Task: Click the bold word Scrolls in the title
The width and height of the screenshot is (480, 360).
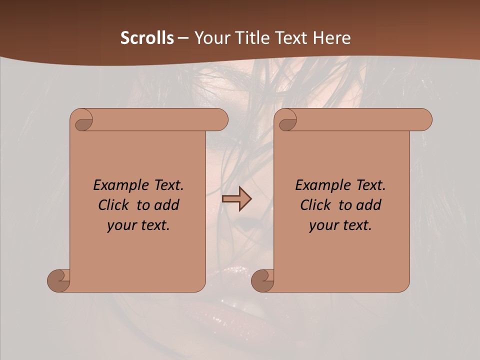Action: pyautogui.click(x=147, y=38)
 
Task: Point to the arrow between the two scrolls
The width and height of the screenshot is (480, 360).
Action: pyautogui.click(x=236, y=199)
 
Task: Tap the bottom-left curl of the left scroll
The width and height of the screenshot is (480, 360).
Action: pyautogui.click(x=59, y=280)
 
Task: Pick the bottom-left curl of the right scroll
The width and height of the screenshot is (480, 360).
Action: pyautogui.click(x=263, y=280)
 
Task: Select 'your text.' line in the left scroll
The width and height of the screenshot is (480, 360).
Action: pyautogui.click(x=138, y=225)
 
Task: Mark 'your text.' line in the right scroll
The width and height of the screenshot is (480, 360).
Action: pyautogui.click(x=340, y=225)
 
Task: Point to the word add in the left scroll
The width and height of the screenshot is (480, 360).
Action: pyautogui.click(x=166, y=205)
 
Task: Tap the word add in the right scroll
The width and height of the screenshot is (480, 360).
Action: pyautogui.click(x=368, y=205)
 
